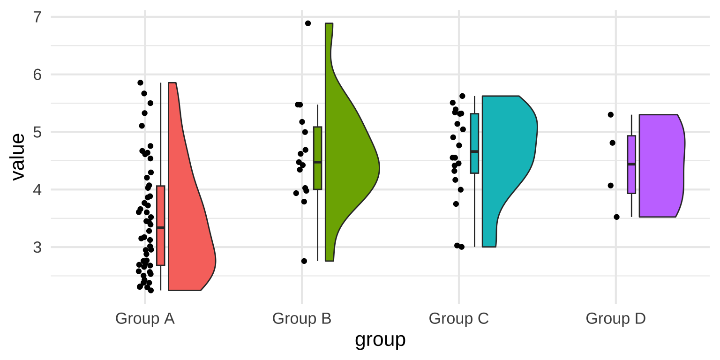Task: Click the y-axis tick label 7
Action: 37,17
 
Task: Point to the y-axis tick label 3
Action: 37,247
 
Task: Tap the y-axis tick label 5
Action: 37,132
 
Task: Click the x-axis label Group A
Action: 145,319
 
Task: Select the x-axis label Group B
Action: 302,319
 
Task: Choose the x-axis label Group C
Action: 459,319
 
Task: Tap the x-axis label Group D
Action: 615,319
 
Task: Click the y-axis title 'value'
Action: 18,157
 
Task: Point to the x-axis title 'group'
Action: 380,340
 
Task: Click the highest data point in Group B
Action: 308,23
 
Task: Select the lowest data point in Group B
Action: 304,261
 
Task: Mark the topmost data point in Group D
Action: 611,114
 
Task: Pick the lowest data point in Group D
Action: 616,217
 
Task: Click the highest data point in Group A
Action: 140,82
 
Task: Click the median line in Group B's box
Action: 318,162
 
